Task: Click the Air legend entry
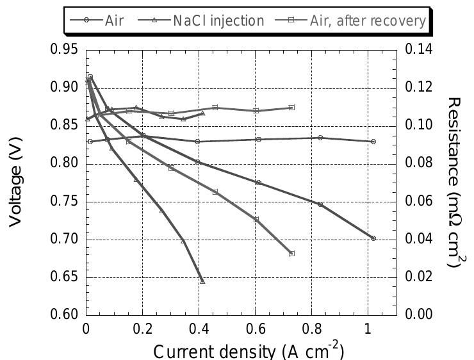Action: coord(106,20)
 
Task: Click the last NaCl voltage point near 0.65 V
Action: coord(203,281)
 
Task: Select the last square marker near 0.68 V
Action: coord(292,254)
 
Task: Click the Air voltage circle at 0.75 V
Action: coord(320,204)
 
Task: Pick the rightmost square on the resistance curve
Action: coord(292,108)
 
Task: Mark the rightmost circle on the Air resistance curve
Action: coord(373,142)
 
